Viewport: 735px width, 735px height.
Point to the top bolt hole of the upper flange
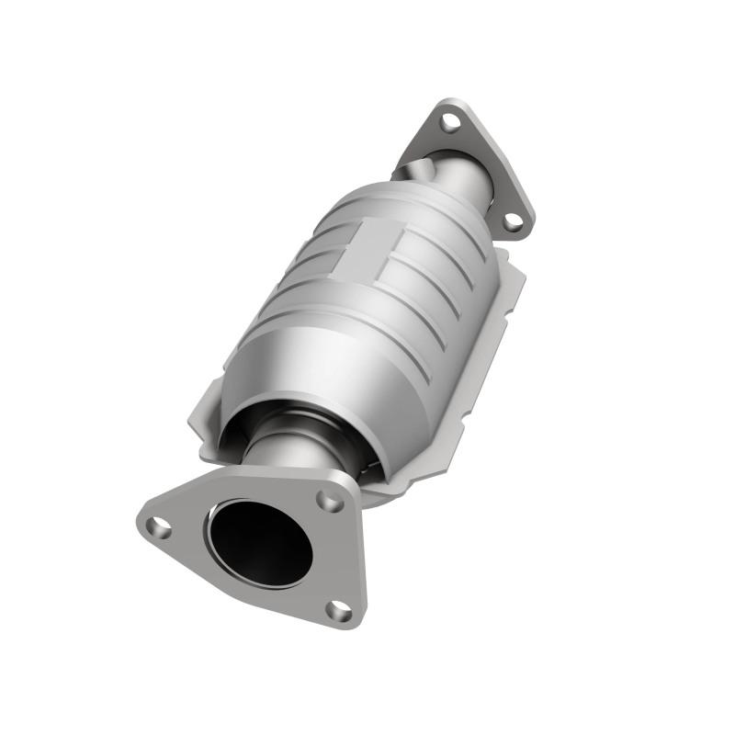pos(449,120)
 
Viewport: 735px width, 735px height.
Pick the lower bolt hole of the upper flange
pos(513,221)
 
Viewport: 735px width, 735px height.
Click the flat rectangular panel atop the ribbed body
pos(364,246)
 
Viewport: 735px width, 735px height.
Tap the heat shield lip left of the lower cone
pos(207,423)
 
